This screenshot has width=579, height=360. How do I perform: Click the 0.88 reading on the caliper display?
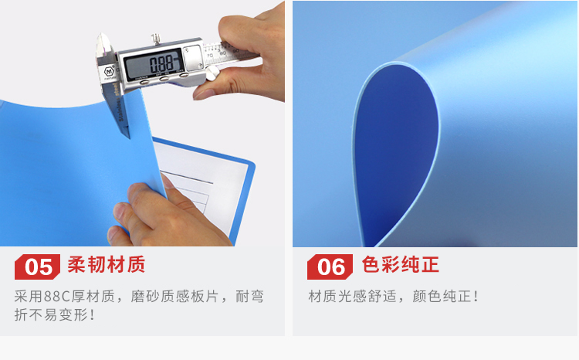pos(161,64)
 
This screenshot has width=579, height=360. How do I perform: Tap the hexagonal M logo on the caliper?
pos(110,71)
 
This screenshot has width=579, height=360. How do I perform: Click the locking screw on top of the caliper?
pos(156,39)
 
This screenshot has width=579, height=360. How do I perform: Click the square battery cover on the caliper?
pos(192,58)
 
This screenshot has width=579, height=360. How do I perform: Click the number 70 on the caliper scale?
pos(210,56)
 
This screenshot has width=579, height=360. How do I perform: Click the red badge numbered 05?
pos(37,267)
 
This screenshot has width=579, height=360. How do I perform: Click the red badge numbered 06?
pos(330,267)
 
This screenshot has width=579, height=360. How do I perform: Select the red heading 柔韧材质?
pos(107,265)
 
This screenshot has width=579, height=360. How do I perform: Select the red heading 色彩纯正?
pos(400,265)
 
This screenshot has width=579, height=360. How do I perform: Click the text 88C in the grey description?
pos(56,297)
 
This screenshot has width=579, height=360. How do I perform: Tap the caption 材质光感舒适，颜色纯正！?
pos(393,297)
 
